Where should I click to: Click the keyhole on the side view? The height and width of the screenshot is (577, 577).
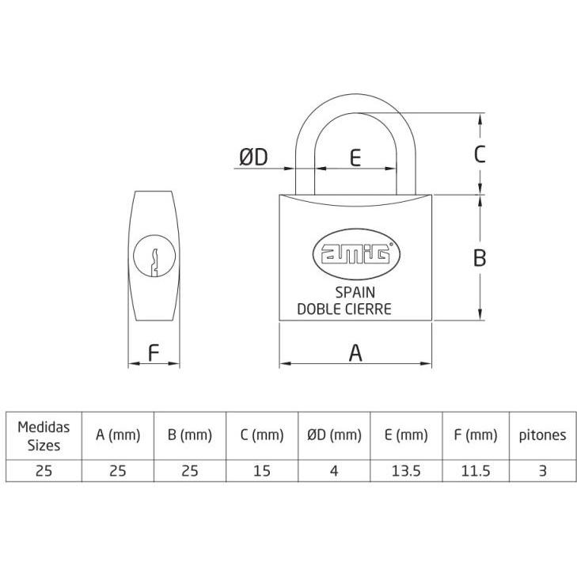[x=154, y=256]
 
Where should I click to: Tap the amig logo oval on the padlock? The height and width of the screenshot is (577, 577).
[x=356, y=254]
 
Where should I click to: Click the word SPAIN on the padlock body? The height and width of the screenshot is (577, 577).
[x=355, y=293]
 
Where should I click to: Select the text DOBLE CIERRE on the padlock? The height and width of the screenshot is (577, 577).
[x=344, y=309]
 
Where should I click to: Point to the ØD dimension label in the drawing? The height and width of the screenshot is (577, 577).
[x=253, y=158]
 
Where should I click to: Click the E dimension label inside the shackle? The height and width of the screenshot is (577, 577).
[x=355, y=158]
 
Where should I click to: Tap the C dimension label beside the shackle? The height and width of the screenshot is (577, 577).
[x=480, y=154]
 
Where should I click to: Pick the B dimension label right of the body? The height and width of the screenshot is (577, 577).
[x=480, y=257]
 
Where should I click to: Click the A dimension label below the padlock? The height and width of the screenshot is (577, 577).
[x=355, y=353]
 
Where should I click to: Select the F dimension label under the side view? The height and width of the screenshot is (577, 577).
[x=153, y=353]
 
